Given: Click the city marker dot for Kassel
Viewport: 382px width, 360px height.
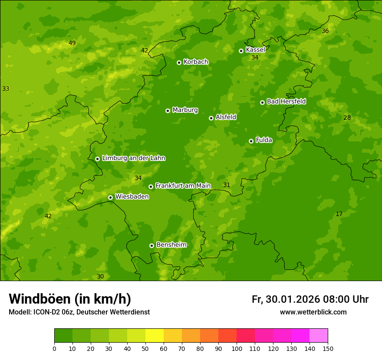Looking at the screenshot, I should (x=241, y=51).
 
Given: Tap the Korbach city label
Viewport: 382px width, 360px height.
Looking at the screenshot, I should (x=196, y=62).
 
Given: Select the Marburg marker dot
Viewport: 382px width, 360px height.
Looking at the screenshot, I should (x=168, y=111).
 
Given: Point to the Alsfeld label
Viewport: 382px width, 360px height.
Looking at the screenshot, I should (x=226, y=117).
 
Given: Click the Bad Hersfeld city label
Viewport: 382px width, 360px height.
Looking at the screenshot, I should (x=286, y=101).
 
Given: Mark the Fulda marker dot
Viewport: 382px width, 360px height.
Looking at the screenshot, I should (x=251, y=141).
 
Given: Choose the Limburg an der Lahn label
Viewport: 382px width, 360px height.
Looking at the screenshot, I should (x=133, y=158).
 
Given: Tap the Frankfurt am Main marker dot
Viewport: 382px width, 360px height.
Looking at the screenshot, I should (x=151, y=187).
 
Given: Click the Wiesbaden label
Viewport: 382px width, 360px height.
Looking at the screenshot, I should (x=132, y=196).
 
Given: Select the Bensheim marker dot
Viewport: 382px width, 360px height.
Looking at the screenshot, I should (x=151, y=245).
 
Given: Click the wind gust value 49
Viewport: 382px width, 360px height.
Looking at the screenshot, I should (x=72, y=43).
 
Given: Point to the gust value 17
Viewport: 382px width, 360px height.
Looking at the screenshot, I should (x=339, y=214).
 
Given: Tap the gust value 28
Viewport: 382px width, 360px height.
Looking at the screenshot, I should (x=347, y=118).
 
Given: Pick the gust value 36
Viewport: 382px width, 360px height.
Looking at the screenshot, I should (x=325, y=31).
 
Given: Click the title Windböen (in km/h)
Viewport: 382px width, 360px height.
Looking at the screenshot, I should (x=70, y=299).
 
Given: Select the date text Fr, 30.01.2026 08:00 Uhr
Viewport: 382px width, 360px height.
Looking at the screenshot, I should (x=310, y=299).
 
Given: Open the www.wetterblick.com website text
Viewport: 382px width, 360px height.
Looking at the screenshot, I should (x=313, y=312).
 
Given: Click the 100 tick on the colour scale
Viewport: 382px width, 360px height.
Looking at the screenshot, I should (x=237, y=348).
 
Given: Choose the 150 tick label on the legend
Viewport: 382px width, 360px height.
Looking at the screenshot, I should (x=328, y=348).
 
